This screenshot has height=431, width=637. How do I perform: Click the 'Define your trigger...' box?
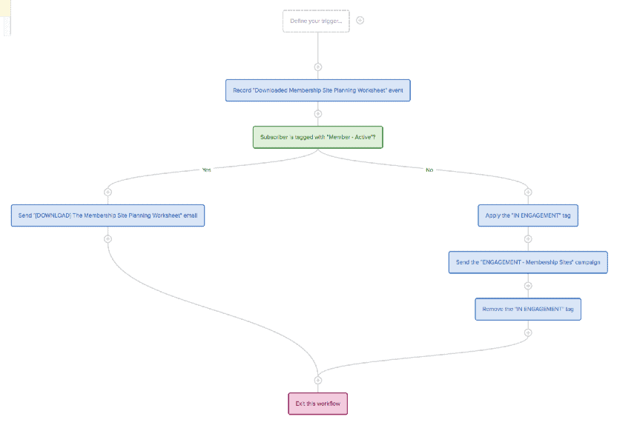316,21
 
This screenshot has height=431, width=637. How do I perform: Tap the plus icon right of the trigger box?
360,20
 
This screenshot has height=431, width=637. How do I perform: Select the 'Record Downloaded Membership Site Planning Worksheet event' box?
318,90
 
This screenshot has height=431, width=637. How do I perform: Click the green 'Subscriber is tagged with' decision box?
317,137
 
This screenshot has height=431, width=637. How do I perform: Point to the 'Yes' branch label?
207,170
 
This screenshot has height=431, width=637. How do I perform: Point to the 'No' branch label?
429,170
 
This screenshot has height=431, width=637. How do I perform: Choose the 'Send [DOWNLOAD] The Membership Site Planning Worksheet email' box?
108,215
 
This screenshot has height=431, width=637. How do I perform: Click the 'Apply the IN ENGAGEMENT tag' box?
528,215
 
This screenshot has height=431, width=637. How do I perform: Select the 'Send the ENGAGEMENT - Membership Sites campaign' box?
528,262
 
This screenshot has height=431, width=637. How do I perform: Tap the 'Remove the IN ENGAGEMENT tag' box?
528,310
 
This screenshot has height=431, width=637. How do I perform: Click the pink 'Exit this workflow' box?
318,404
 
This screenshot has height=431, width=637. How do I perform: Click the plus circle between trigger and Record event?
318,67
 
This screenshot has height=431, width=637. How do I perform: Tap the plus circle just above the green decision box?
318,114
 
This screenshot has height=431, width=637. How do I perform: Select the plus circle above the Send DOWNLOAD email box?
108,192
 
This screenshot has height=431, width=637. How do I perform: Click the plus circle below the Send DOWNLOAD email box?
108,239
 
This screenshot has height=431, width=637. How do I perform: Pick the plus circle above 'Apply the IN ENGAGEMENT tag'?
528,192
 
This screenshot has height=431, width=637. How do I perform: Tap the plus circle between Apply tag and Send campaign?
528,239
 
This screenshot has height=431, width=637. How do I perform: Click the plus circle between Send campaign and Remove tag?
528,286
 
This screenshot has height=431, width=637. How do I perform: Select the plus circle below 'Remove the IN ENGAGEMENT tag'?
528,333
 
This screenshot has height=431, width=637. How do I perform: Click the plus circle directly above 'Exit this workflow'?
318,380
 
